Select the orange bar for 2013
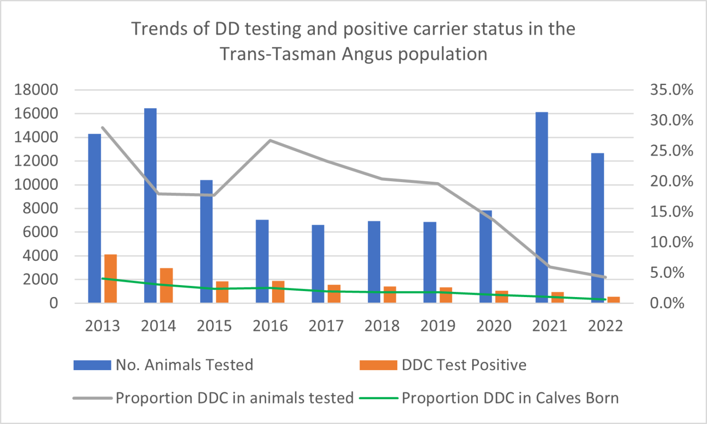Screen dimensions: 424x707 110,279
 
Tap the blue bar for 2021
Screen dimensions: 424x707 542,207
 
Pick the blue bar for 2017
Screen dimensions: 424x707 318,264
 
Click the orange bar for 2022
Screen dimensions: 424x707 614,300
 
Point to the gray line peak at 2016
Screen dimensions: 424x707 270,140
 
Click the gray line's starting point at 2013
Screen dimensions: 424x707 103,127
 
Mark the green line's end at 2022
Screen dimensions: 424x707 605,299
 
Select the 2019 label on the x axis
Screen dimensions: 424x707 438,326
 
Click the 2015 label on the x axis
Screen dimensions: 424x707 214,326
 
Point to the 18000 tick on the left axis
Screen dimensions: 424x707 36,90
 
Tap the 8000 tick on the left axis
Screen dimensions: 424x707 41,208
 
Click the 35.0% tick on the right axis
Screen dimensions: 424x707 671,90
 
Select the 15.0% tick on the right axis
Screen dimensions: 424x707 671,212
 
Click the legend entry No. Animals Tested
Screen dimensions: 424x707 184,365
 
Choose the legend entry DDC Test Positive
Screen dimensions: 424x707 464,365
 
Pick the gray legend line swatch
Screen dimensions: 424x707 93,398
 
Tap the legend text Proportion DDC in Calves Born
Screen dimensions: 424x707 510,398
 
